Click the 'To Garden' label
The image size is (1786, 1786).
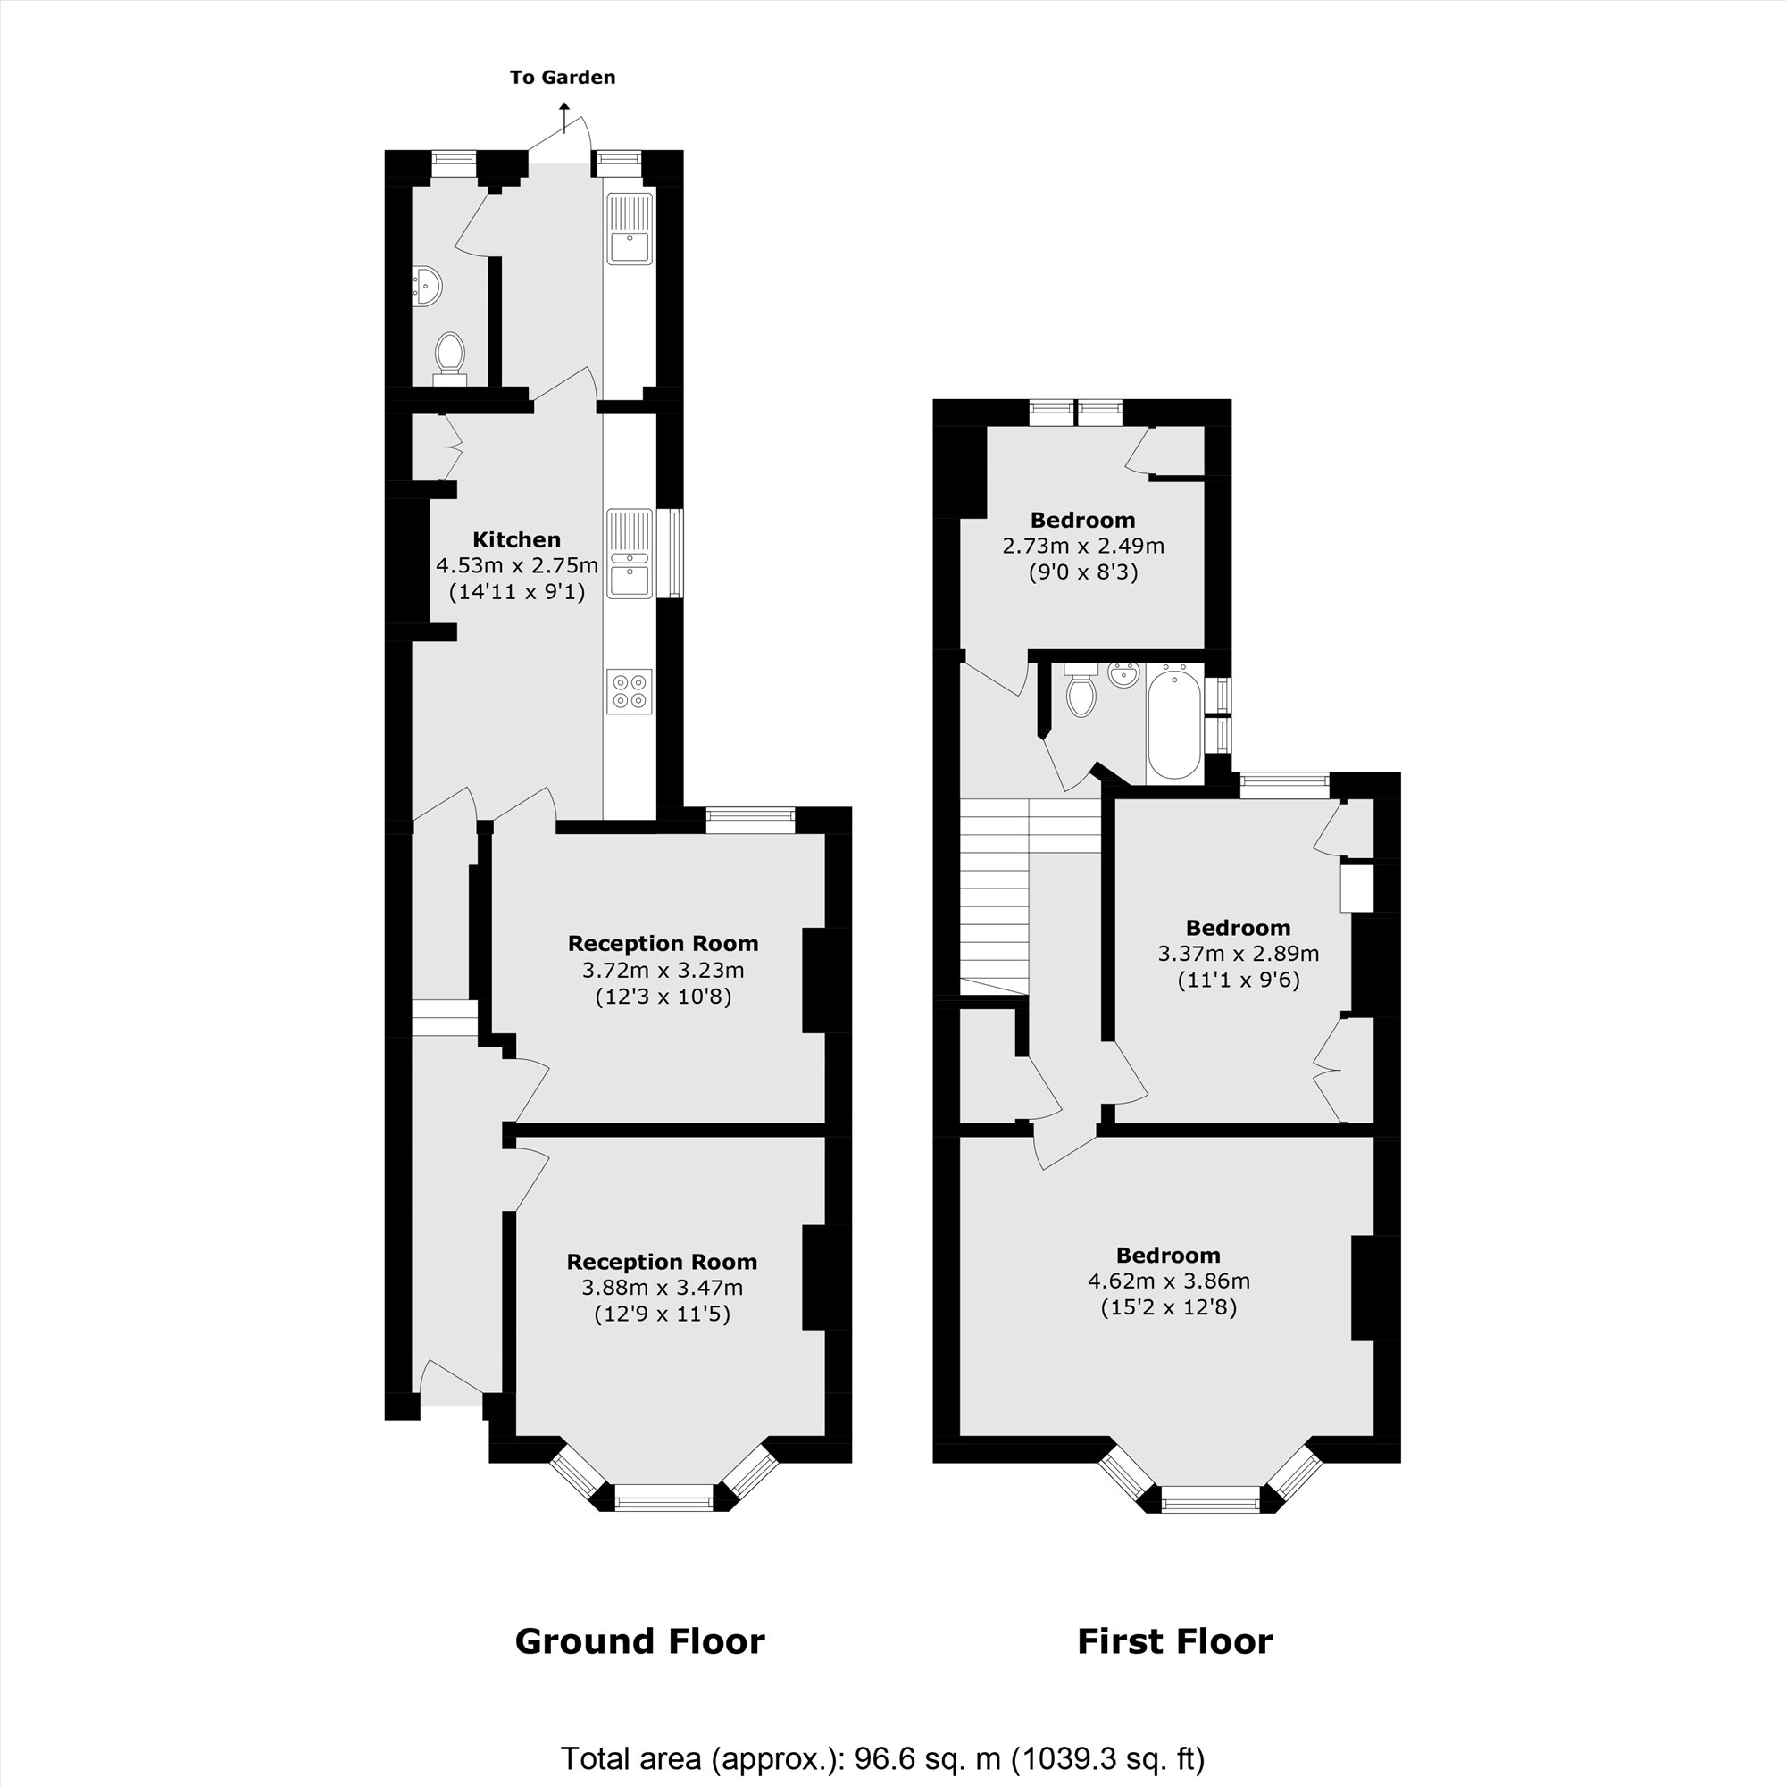click(562, 78)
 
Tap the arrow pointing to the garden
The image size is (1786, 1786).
click(563, 119)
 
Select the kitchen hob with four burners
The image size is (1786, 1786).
click(630, 691)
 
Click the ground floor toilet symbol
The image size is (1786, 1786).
click(450, 356)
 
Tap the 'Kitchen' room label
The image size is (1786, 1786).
click(517, 540)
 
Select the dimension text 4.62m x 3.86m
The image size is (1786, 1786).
click(1168, 1281)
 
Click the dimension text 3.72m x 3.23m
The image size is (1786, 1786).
click(663, 971)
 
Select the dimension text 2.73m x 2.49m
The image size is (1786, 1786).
click(1083, 547)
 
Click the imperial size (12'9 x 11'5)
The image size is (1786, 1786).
click(662, 1314)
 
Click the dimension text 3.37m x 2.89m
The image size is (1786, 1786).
click(1239, 953)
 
